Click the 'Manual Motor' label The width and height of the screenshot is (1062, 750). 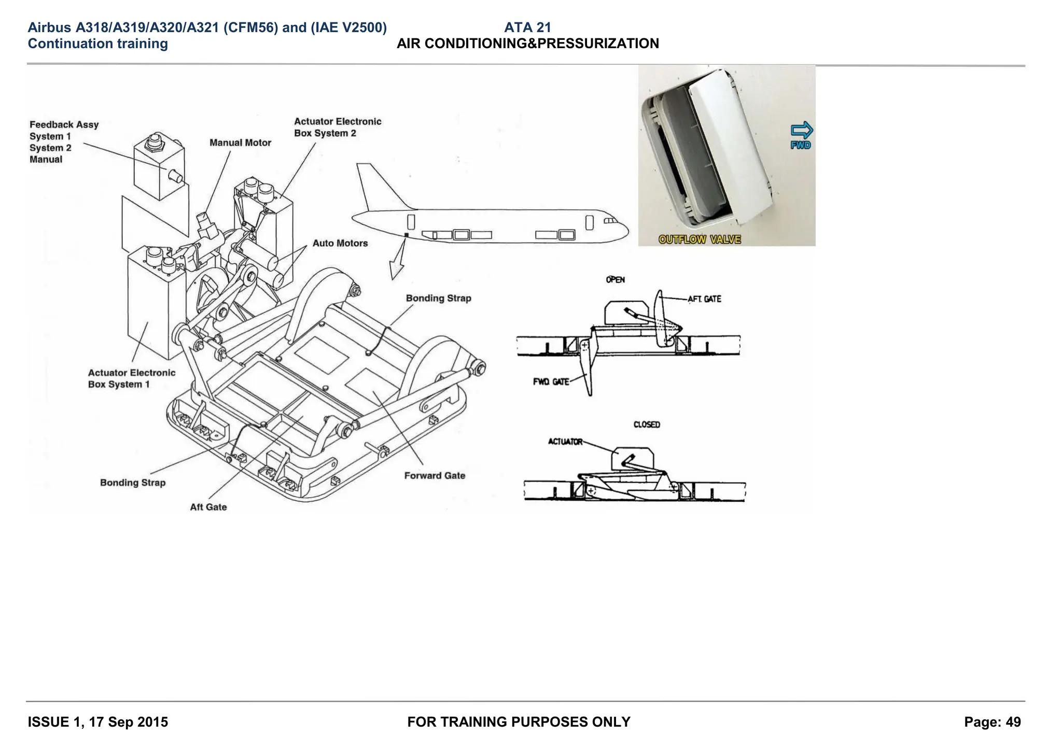[x=240, y=143]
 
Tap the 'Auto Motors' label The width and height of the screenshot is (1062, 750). [x=340, y=243]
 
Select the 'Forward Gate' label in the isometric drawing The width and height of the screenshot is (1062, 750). [x=435, y=475]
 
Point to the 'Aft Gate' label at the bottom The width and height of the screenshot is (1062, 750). [x=208, y=507]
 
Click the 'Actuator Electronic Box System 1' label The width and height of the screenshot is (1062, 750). [x=131, y=378]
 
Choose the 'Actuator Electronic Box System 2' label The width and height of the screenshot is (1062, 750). [x=337, y=127]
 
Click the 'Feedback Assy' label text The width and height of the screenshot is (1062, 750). [x=64, y=124]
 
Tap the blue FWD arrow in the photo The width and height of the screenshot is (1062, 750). [x=801, y=131]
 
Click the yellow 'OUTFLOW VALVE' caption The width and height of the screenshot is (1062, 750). [x=700, y=239]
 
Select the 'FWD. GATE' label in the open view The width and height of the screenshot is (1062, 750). [x=551, y=381]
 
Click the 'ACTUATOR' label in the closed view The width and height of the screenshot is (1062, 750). [x=565, y=442]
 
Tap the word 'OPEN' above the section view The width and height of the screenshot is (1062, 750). [x=615, y=280]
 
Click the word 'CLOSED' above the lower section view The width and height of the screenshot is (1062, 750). [x=647, y=424]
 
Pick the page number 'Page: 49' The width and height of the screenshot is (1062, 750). [x=992, y=722]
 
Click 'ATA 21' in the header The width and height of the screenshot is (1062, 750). [x=527, y=27]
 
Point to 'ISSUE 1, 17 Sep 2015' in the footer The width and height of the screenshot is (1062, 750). [x=98, y=722]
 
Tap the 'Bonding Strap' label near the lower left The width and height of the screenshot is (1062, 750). [x=133, y=483]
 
